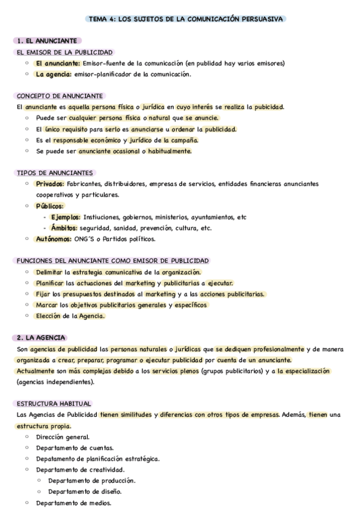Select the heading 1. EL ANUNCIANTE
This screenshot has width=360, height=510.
coord(47,41)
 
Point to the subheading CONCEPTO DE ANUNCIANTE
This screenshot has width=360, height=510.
coord(59,96)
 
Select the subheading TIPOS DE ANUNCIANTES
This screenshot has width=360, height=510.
coord(55,173)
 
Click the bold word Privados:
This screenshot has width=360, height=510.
coord(50,183)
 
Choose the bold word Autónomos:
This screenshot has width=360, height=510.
coord(53,239)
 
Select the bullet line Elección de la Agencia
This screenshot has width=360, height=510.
coord(70,316)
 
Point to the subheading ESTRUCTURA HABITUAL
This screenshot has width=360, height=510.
coord(55,404)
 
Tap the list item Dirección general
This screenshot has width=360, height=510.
coord(63,437)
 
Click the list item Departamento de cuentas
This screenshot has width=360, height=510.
coord(75,447)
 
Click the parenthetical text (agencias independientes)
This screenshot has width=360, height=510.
coord(56,382)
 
